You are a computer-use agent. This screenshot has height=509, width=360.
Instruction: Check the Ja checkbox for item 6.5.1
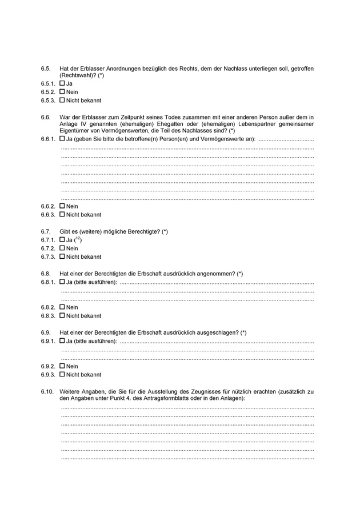coord(62,83)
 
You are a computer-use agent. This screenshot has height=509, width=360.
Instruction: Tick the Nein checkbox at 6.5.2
coord(62,92)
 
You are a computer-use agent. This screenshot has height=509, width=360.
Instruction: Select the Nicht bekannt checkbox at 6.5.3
coord(62,101)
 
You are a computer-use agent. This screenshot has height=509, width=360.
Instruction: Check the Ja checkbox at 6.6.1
coord(62,139)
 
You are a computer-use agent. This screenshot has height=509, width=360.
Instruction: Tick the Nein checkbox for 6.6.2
coord(62,206)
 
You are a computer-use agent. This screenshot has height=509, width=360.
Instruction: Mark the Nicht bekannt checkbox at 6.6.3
coord(62,215)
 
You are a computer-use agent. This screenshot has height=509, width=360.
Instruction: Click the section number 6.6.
coord(46,117)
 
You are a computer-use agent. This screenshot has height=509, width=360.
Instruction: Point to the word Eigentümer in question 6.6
coord(74,130)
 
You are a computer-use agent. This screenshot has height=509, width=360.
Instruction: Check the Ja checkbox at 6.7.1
coord(62,240)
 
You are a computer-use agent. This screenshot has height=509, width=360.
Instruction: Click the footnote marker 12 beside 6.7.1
coord(78,239)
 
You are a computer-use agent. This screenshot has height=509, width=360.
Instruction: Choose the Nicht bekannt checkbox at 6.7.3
coord(62,257)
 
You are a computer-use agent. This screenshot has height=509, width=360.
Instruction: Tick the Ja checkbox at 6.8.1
coord(62,282)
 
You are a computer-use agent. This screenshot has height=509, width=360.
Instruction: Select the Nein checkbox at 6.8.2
coord(62,307)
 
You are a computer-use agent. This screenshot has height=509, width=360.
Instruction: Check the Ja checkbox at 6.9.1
coord(62,341)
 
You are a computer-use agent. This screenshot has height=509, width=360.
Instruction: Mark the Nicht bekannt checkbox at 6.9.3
coord(62,375)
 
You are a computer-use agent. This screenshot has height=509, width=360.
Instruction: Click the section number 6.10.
coord(47,391)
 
